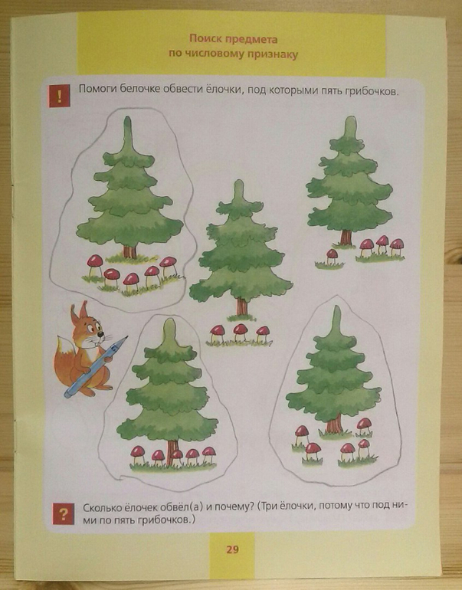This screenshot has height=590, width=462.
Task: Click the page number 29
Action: pos(232,549)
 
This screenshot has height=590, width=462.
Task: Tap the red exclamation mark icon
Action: pos(60,96)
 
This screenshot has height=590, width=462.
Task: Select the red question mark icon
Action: pos(63,513)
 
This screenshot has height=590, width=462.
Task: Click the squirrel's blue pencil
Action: pos(96,367)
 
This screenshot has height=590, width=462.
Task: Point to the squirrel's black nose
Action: pos(100,334)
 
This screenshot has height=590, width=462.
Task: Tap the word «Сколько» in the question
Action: pos(101,507)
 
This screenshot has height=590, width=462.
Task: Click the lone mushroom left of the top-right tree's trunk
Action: pos(332,256)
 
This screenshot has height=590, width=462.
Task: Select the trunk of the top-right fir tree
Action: pos(346,238)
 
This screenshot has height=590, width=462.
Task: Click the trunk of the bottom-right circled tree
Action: pos(334,423)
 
